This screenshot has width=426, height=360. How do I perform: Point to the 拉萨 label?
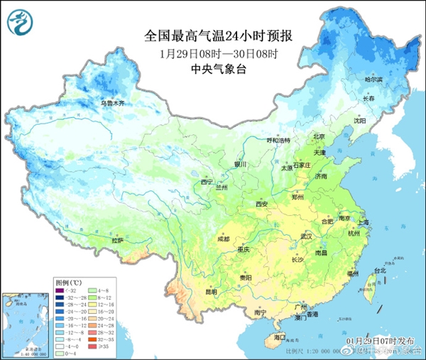tap(118, 241)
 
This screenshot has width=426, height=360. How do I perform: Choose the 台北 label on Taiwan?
tap(380, 271)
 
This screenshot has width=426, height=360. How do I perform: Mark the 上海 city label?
tap(363, 223)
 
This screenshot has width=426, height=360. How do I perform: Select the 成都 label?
tap(224, 239)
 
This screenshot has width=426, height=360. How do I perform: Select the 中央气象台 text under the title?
tap(214, 69)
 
